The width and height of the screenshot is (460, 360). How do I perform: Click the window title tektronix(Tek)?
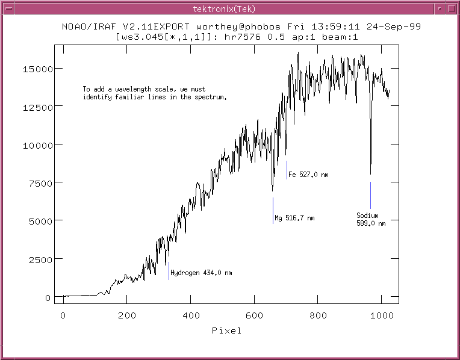[229, 8]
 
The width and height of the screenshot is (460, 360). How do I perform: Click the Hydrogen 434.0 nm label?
[201, 273]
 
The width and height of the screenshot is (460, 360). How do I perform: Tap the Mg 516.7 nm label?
[294, 218]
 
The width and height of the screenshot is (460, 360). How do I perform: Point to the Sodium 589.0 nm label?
[370, 219]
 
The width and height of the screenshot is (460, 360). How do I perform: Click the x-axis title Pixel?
[226, 331]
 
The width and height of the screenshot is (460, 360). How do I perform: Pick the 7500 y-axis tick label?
[40, 183]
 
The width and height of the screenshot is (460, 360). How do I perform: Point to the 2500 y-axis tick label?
[40, 259]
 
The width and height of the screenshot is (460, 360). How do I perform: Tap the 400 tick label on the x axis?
[191, 315]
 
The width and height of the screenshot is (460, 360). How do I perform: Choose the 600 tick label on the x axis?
[255, 315]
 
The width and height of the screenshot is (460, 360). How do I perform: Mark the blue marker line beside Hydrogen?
[169, 271]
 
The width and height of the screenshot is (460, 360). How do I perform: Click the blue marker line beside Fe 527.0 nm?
[287, 170]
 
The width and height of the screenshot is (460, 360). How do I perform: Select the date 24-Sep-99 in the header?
[398, 27]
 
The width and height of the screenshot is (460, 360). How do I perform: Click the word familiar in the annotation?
[120, 96]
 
